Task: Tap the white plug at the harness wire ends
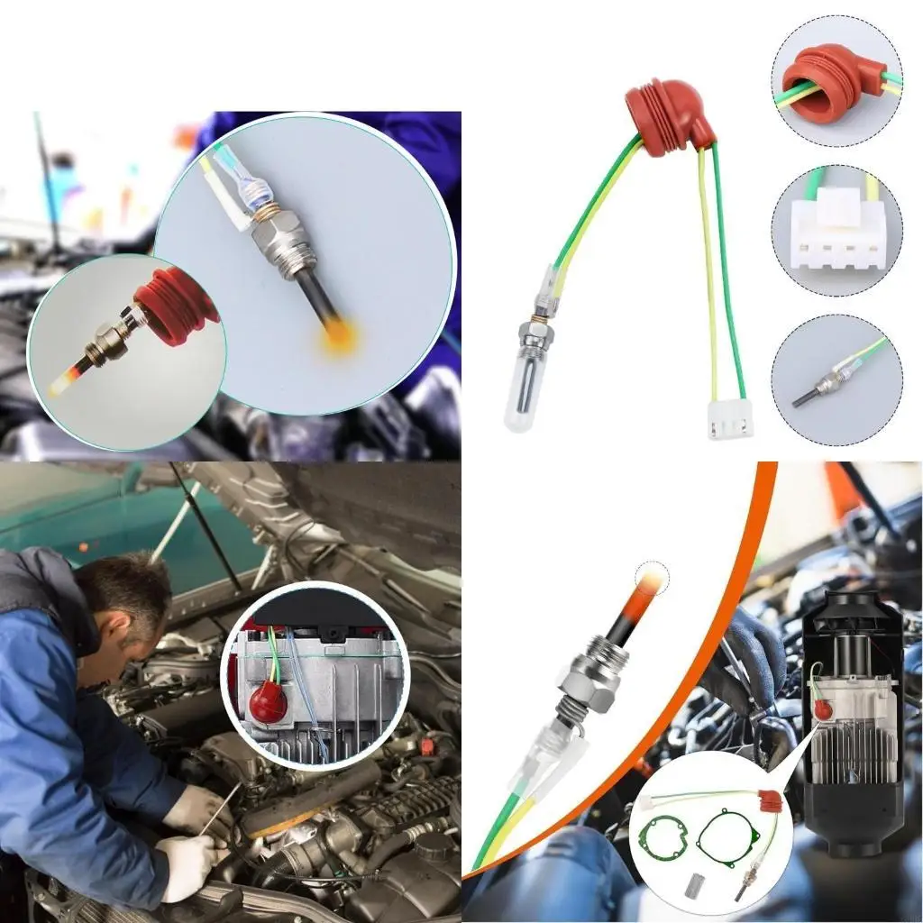click(730, 419)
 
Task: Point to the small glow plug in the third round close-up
click(816, 388)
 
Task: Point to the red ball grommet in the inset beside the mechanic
click(269, 702)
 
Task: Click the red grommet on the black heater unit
click(822, 709)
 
